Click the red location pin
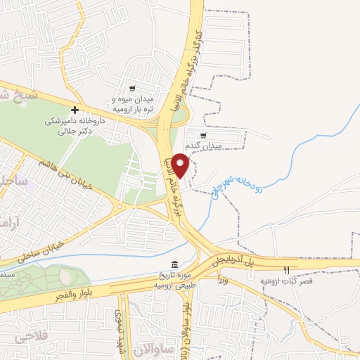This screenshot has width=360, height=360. [181, 165]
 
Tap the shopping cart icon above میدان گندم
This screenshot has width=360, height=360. [204, 136]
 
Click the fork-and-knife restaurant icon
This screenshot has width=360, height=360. [286, 271]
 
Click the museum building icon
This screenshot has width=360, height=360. [174, 263]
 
